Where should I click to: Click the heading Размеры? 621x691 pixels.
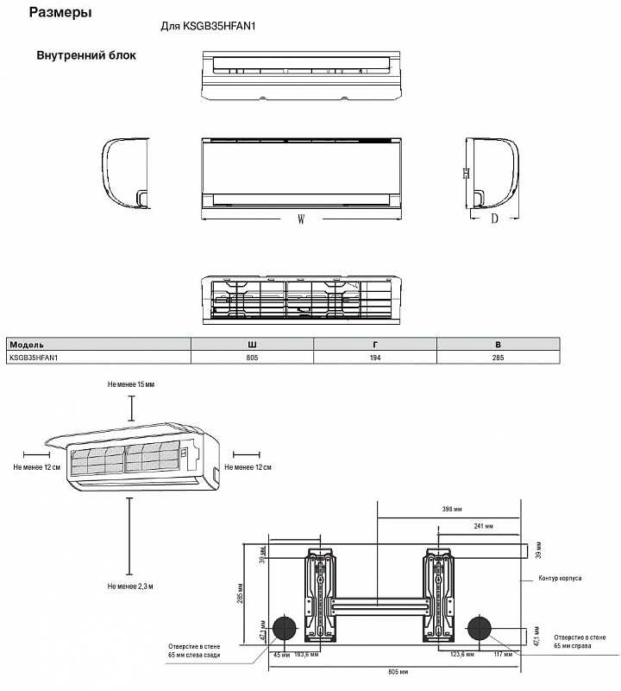60,13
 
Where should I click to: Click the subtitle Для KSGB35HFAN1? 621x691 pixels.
208,26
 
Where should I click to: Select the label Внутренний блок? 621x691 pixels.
86,55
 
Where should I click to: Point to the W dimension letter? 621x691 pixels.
301,219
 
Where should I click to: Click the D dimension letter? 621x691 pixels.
495,219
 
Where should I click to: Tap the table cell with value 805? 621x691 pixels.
252,358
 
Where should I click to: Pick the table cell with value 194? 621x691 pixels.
375,358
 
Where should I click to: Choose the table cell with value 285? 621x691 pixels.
499,358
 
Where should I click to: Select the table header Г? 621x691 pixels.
375,345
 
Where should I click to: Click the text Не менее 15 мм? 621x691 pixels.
131,384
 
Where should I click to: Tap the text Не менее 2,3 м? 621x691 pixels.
130,586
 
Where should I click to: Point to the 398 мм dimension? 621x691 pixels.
452,509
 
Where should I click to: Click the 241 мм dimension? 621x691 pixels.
483,526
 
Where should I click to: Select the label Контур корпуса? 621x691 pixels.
560,578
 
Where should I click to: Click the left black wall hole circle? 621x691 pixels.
285,629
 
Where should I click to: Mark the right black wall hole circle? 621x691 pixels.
479,629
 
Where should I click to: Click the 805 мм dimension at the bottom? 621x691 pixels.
398,672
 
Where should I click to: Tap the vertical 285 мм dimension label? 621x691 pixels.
241,593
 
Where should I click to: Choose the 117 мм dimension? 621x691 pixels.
503,655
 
